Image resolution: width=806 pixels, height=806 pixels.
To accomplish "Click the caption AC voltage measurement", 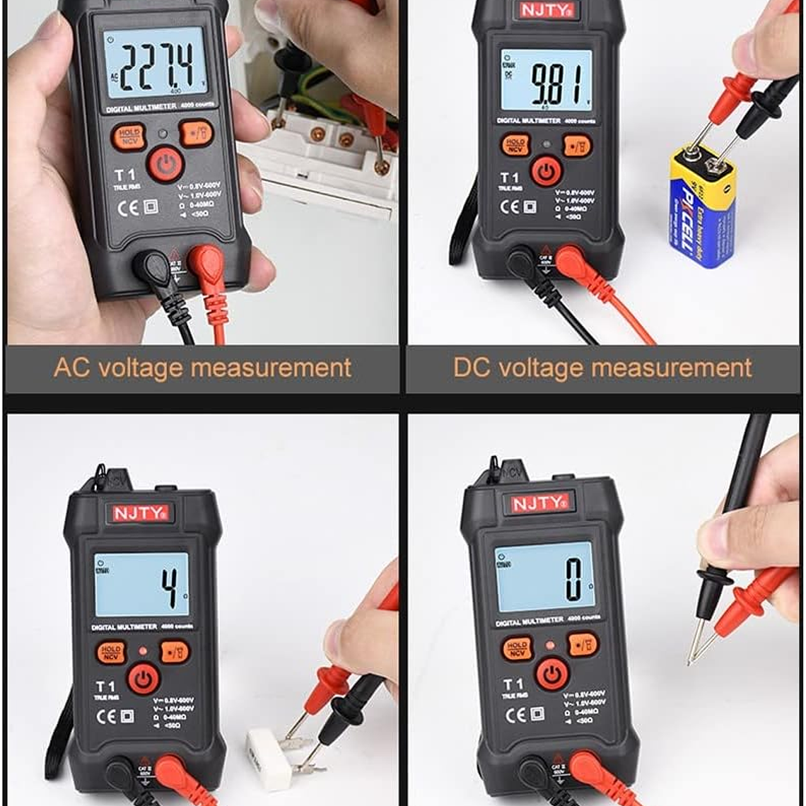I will tap(202, 368).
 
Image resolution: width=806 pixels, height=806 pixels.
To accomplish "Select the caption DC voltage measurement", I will tap(602, 368).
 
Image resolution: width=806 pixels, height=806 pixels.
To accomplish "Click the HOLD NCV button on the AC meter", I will tap(129, 136).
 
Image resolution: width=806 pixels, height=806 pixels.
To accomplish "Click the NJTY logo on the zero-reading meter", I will tap(539, 503).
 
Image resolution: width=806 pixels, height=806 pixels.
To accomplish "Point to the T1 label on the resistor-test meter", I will tap(105, 687).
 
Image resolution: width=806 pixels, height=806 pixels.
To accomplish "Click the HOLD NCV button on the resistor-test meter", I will tap(111, 653).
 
